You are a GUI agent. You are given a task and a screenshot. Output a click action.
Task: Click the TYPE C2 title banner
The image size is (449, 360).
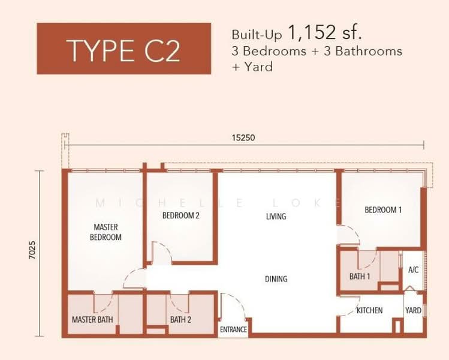(123, 50)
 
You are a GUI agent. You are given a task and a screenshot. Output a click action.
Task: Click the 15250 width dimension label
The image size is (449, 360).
(243, 137)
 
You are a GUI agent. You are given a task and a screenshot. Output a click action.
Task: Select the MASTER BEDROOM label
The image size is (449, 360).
(106, 232)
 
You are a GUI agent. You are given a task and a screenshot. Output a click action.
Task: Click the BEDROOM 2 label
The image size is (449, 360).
(180, 215)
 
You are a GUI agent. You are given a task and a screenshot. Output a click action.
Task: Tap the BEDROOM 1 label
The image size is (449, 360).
(383, 210)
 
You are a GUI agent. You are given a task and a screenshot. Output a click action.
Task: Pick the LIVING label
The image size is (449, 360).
(276, 216)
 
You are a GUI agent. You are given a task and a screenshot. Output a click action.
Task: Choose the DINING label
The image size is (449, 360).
(276, 279)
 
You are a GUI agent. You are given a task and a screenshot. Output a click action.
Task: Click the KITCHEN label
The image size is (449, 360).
(369, 311)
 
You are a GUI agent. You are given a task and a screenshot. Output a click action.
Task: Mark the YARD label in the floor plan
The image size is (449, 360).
(413, 311)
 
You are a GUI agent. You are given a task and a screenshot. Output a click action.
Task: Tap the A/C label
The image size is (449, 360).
(413, 270)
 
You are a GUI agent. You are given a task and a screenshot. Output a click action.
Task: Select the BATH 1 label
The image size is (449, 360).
(360, 277)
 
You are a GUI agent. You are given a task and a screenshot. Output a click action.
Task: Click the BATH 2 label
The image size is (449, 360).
(180, 320)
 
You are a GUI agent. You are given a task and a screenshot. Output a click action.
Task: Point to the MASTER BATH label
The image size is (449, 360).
(92, 320)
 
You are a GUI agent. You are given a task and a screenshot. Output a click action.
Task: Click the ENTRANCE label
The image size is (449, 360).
(233, 330)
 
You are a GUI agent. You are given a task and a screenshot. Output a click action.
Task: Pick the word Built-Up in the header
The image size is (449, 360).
(257, 34)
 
